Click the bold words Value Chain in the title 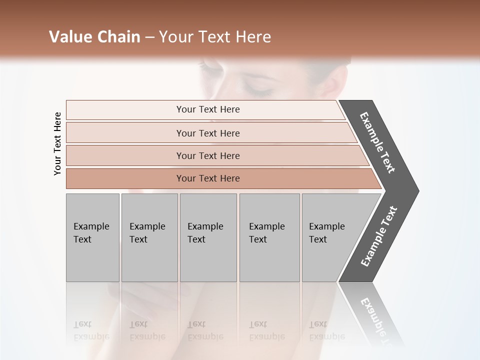pos(94,37)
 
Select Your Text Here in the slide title pos(215,37)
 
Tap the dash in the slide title pos(149,37)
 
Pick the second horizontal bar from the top pos(208,133)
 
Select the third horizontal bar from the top pos(208,155)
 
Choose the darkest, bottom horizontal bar pos(208,178)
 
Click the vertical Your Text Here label pos(57,143)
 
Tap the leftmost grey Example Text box pos(92,237)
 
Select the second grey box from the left pos(149,237)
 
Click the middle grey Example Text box pos(208,237)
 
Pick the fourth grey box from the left pos(269,237)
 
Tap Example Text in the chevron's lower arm pos(379,236)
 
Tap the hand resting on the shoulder pos(150,300)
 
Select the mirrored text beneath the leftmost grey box pos(91,330)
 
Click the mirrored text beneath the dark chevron pos(377,320)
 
